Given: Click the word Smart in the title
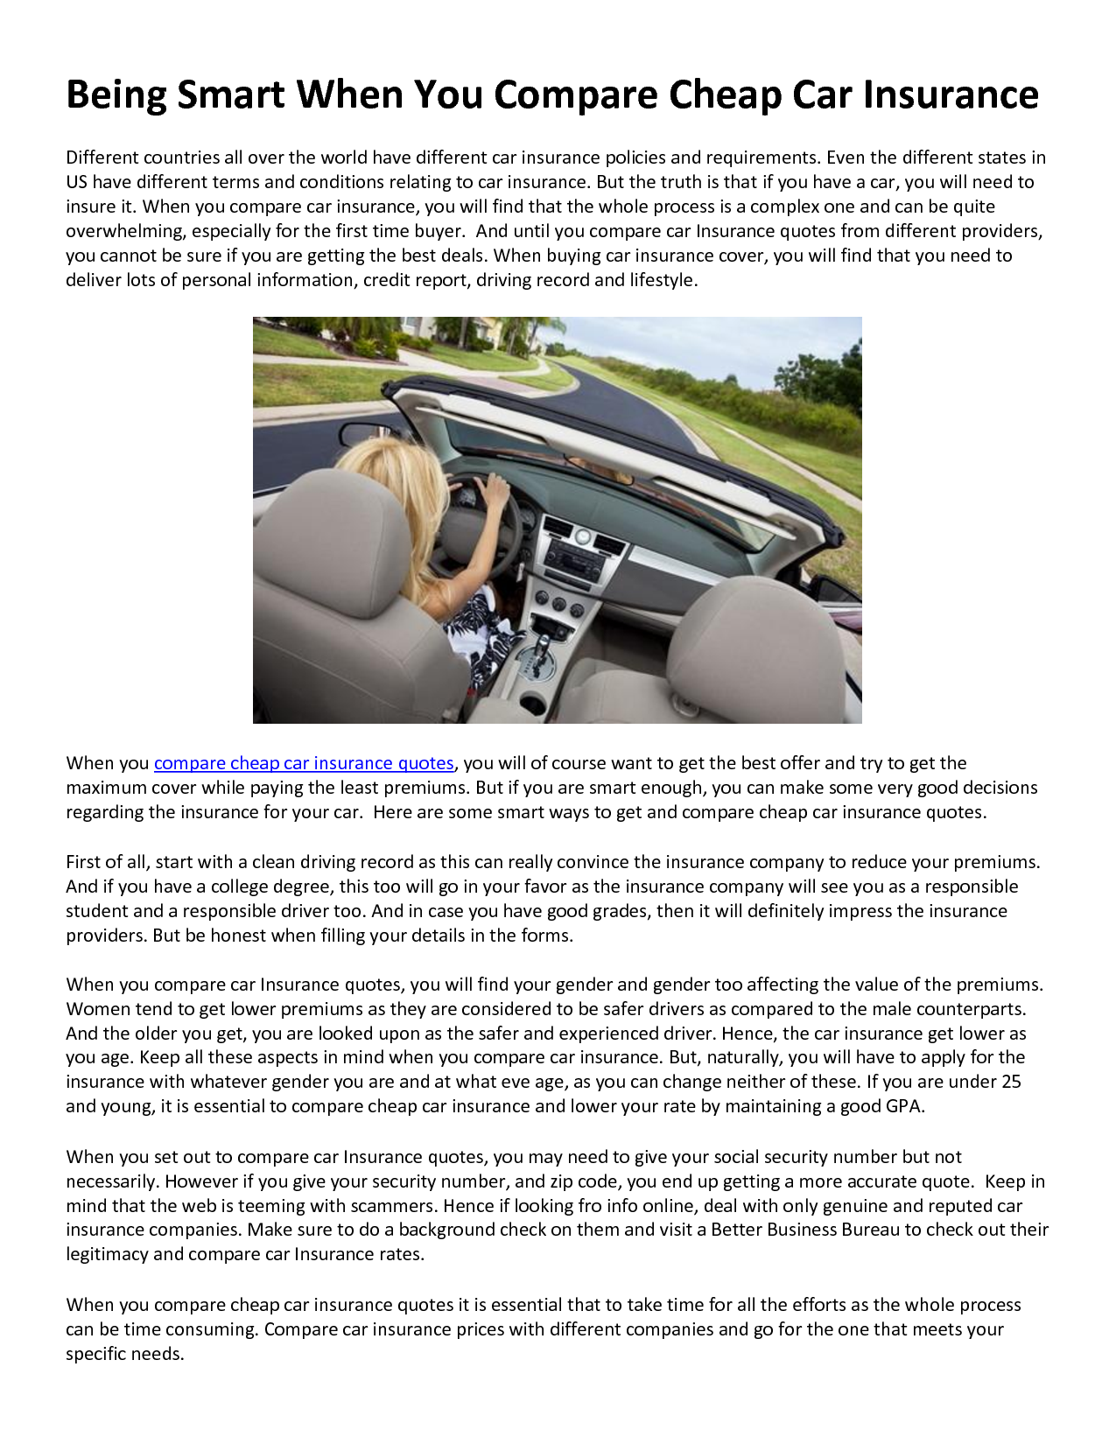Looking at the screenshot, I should (231, 95).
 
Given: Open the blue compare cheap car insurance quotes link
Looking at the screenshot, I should (304, 763).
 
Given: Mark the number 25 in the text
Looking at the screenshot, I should (1011, 1082).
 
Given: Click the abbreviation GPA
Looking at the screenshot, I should (903, 1106).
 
